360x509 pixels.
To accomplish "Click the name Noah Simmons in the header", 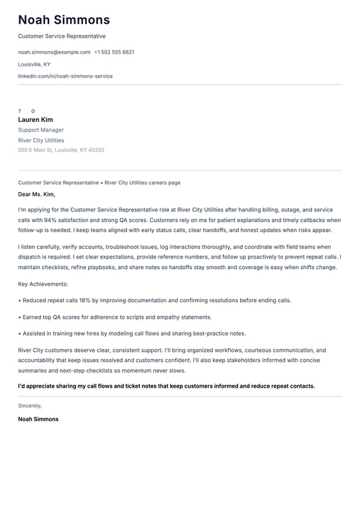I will pos(64,20).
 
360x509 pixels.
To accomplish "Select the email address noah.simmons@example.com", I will pos(54,52).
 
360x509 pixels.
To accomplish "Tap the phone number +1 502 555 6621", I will pos(114,52).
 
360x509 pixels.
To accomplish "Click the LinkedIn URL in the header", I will pos(65,76).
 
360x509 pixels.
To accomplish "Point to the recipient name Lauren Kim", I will pos(35,120).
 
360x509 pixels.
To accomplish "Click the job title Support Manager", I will pos(41,130).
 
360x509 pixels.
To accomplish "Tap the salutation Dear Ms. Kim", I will pos(36,195).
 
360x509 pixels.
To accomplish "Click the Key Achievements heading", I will pos(43,284).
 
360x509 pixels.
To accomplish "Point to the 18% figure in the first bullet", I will pos(95,300).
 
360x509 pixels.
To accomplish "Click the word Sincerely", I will pos(30,406).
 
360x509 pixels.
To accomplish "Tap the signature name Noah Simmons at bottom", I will pos(38,419).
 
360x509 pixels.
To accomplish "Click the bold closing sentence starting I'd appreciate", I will pos(166,386).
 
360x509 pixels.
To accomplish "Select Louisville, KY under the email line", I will pos(34,64).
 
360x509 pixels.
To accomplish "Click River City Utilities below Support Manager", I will pos(41,141).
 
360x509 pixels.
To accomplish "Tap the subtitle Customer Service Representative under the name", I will pos(62,36).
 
